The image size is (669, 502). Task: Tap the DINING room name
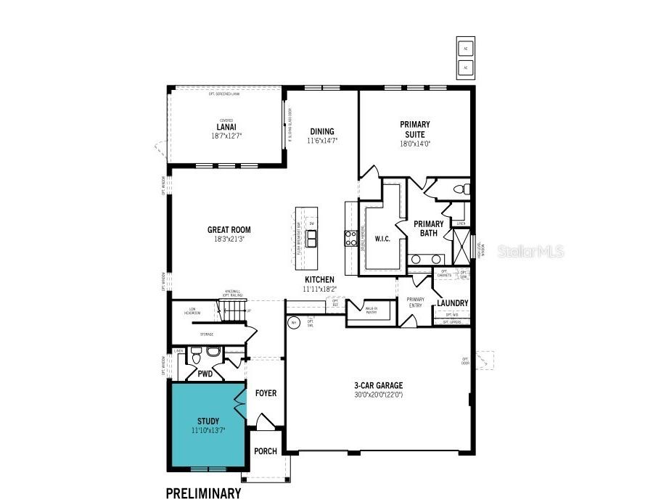321,131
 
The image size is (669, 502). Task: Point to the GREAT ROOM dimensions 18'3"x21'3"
229,239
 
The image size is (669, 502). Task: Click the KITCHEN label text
319,279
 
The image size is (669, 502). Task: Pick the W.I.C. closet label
382,239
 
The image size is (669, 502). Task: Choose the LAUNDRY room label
452,303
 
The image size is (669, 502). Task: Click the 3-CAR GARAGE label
378,385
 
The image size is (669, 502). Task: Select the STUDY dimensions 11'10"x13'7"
208,431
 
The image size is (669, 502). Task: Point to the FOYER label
266,393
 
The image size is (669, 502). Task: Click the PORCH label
266,451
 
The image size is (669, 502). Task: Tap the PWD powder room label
205,374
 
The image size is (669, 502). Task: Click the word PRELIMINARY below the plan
203,494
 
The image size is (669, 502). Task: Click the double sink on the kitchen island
312,239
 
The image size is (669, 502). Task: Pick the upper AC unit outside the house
465,49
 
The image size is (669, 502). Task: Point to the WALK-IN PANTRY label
371,310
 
